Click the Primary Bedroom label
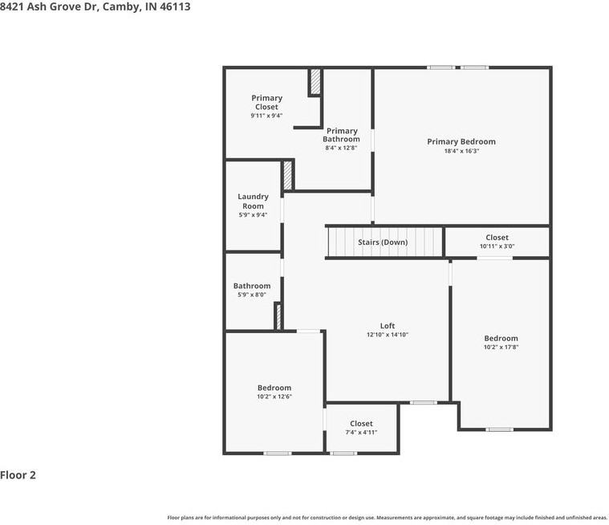[x=461, y=141]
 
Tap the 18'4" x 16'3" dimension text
[x=461, y=151]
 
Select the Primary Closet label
[x=266, y=102]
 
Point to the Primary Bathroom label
[x=342, y=135]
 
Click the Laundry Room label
[x=253, y=201]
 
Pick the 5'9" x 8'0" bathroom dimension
[x=252, y=295]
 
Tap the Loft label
[x=387, y=326]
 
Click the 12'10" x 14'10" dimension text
[x=388, y=335]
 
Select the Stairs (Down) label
[x=383, y=242]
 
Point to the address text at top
[x=95, y=6]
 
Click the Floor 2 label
[x=18, y=475]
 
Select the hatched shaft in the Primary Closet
[x=315, y=82]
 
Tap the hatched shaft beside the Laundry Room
[x=287, y=175]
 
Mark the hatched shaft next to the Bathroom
[x=278, y=316]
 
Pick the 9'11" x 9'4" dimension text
[x=266, y=116]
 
